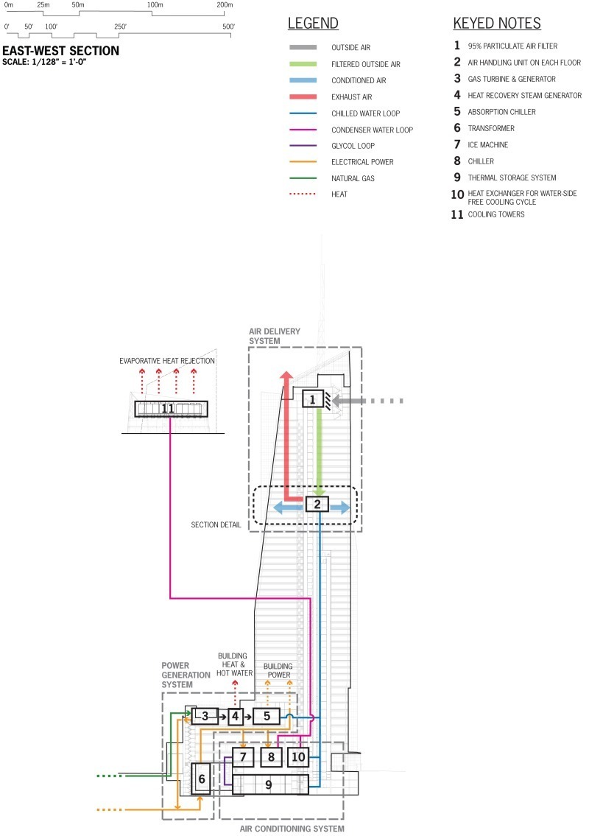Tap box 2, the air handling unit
(x=317, y=505)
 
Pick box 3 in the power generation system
(x=205, y=715)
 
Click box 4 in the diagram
(x=236, y=715)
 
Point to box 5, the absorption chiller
(x=267, y=715)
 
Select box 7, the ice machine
(x=243, y=756)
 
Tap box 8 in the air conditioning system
(x=271, y=756)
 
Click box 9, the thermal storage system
(x=268, y=784)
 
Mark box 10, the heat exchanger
(x=297, y=756)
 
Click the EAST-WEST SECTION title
(x=60, y=52)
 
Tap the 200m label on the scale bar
(x=224, y=5)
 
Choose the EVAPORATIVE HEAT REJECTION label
(x=169, y=361)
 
